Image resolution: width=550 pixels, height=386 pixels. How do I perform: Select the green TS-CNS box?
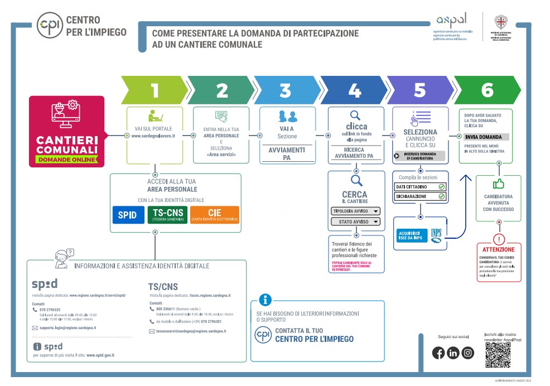(x=167, y=215)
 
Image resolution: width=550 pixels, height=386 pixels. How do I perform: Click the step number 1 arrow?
(x=155, y=90)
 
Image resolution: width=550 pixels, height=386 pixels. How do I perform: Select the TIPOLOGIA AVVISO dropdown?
(x=355, y=211)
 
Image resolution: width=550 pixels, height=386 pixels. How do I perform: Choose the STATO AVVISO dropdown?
(x=355, y=222)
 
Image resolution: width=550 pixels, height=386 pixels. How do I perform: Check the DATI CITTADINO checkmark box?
(x=441, y=186)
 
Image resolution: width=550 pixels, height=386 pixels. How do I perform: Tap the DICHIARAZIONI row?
(x=419, y=196)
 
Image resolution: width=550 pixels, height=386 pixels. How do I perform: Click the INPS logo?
(x=436, y=235)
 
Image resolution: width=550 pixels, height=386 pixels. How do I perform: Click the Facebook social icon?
(x=438, y=353)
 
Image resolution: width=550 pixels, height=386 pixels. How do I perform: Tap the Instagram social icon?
(x=467, y=353)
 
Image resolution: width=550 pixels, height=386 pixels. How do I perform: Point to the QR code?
(x=498, y=355)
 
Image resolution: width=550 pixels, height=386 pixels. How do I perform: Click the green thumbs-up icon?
(x=498, y=184)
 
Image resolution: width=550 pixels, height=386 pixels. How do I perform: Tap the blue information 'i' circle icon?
(x=265, y=300)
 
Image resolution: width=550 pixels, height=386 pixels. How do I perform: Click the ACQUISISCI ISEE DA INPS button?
(x=411, y=235)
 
